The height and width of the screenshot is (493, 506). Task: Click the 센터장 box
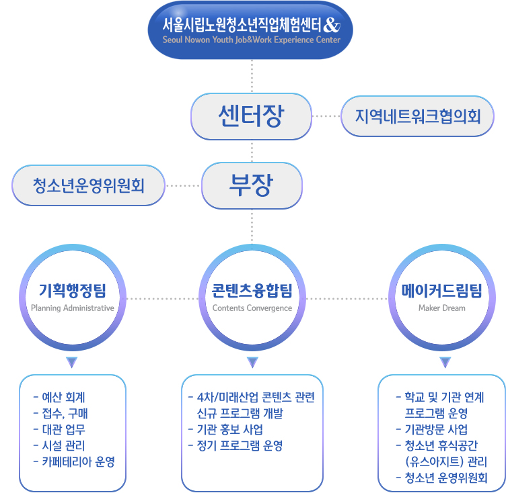click(252, 116)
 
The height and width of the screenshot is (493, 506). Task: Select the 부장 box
click(252, 185)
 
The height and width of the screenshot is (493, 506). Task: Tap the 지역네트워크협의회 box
click(417, 116)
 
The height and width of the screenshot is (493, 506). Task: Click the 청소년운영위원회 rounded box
click(88, 185)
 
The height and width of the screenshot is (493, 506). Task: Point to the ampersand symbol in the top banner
click(332, 25)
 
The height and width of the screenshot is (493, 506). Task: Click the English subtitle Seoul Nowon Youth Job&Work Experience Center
click(252, 40)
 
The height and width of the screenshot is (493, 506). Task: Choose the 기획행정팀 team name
click(72, 290)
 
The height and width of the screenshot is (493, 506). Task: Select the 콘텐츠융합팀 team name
click(252, 291)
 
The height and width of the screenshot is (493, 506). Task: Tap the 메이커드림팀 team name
click(442, 291)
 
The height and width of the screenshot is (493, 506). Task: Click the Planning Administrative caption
click(73, 308)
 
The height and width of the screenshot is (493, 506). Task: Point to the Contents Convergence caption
click(252, 308)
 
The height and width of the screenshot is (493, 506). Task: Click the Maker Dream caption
click(442, 308)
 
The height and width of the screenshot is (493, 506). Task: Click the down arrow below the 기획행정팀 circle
click(71, 362)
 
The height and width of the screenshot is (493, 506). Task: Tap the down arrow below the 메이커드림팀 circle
click(445, 362)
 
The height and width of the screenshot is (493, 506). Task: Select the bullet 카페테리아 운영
click(74, 461)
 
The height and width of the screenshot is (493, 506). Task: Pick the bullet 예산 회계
click(59, 398)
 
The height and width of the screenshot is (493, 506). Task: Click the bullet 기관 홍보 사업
click(225, 429)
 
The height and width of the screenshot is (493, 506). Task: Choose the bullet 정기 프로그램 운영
click(236, 445)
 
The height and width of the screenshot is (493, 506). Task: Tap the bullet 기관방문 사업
click(432, 429)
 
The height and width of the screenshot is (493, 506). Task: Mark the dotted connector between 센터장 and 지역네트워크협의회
click(326, 116)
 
